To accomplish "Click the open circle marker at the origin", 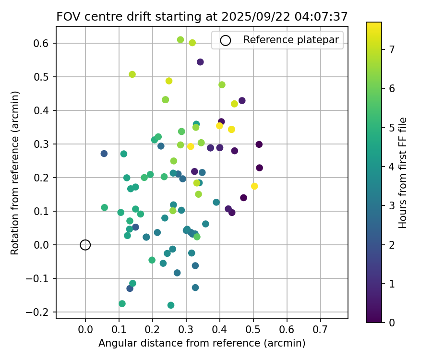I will [x=85, y=245].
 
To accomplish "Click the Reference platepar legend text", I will [x=291, y=40].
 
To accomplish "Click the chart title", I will [x=202, y=16].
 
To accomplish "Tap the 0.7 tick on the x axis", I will [x=320, y=319].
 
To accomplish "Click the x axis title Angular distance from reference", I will [x=202, y=343].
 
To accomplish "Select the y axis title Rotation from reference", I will [x=15, y=173].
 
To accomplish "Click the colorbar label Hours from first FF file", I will [x=403, y=173].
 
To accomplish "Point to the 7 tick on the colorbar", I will [x=382, y=49].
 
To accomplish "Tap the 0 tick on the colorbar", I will [x=382, y=323].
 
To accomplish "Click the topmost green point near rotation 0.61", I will [x=180, y=40].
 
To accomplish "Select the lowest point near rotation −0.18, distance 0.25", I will [x=171, y=305].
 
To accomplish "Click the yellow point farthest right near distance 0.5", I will [x=254, y=186].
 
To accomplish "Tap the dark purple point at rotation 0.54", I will [x=200, y=62].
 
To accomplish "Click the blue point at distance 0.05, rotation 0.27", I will [x=104, y=154].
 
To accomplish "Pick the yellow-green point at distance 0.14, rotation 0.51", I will [x=132, y=74].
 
